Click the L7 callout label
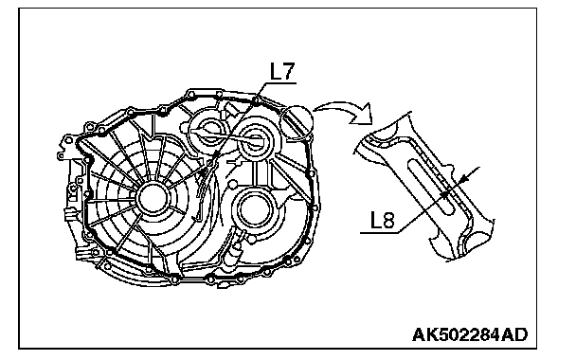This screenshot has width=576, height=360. click(x=282, y=71)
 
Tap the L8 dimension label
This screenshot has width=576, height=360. click(x=383, y=221)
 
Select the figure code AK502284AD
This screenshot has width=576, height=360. click(x=470, y=334)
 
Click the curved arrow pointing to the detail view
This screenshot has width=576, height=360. click(x=344, y=110)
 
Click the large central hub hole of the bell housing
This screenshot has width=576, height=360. click(x=153, y=199)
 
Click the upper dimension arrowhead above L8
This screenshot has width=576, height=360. click(x=463, y=178)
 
